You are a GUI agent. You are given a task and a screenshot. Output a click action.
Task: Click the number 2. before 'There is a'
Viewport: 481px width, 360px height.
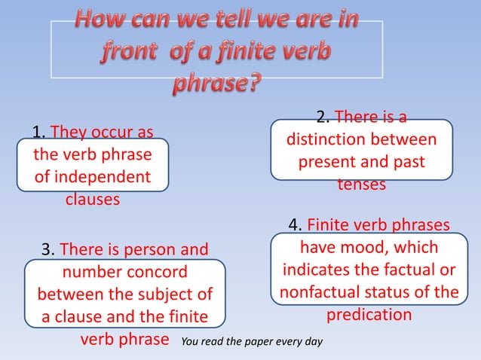[323, 117]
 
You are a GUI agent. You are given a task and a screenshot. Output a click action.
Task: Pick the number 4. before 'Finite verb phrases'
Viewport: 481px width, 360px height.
[296, 225]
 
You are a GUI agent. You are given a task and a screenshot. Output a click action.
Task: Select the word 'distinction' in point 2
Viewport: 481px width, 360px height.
[327, 140]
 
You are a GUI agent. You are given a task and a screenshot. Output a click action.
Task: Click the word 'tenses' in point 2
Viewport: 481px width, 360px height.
[361, 185]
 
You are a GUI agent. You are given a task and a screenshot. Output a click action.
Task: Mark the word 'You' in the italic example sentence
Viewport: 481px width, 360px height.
[187, 342]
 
